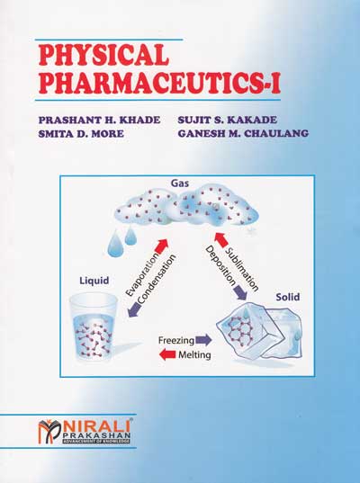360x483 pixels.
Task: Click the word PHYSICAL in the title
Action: [x=103, y=55]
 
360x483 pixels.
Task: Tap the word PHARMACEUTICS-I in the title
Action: [x=159, y=82]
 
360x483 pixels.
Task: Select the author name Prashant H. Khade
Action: [x=100, y=120]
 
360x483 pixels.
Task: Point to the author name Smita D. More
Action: [x=81, y=134]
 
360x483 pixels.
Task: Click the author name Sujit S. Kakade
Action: [x=227, y=120]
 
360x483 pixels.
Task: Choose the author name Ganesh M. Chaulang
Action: [x=243, y=134]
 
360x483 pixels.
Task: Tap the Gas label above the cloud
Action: [x=180, y=183]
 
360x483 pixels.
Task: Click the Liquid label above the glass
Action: [x=94, y=281]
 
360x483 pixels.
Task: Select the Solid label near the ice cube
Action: [x=288, y=297]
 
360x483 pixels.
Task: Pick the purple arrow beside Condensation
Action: [x=134, y=310]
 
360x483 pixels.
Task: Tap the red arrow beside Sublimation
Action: [x=221, y=239]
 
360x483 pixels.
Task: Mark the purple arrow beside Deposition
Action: [x=240, y=292]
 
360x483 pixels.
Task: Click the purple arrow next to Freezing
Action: [x=203, y=340]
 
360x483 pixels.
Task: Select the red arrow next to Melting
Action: [x=167, y=354]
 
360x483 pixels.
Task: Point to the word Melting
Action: [x=194, y=355]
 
